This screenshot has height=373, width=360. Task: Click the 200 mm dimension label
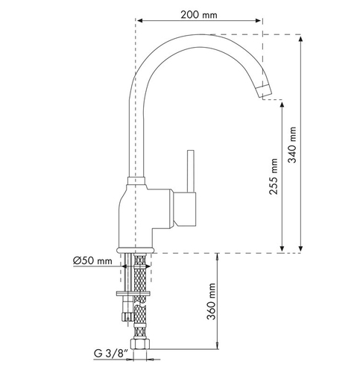pos(199,15)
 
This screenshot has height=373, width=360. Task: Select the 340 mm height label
pos(292,145)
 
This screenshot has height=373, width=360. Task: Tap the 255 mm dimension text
pos(274,176)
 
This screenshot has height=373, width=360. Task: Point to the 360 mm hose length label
pos(211,301)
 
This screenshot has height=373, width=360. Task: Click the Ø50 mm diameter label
pos(92,261)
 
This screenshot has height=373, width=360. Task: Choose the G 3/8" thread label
pos(111,353)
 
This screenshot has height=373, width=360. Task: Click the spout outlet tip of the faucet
pos(265,91)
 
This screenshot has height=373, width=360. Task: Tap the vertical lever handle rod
pos(191,171)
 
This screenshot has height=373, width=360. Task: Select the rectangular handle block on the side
pos(185,210)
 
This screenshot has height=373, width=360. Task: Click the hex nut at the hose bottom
pos(141,343)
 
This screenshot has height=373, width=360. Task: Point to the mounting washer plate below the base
pos(133,293)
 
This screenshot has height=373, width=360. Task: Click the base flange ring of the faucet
pos(136,250)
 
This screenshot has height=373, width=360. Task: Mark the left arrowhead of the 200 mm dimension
pos(140,20)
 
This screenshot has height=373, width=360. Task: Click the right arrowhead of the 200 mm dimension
pos(258,20)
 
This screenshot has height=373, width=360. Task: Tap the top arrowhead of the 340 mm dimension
pos(300,40)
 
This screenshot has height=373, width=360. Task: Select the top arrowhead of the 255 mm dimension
pos(282,105)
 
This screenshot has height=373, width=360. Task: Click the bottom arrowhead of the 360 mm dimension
pos(218,345)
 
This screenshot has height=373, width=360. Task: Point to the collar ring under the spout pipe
pos(136,181)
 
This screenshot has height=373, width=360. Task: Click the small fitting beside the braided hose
pos(127,316)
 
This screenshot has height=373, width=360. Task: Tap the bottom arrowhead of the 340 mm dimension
pos(300,248)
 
